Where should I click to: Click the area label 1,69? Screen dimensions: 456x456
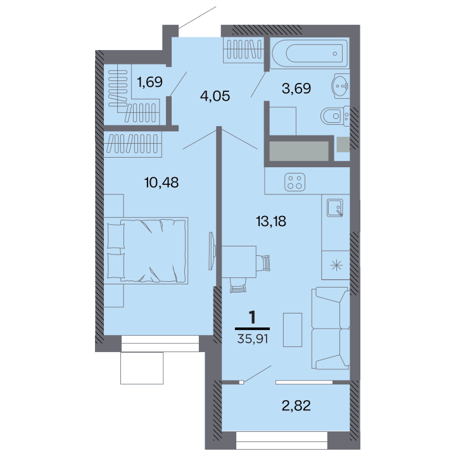click(149, 82)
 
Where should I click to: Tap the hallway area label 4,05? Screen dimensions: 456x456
click(215, 96)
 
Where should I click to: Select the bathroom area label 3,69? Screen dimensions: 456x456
click(296, 88)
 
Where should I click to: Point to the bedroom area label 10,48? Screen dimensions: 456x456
click(161, 182)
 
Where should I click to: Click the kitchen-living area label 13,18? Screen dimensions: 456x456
click(271, 221)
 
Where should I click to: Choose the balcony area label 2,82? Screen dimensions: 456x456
click(296, 405)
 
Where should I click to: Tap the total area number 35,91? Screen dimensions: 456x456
click(253, 339)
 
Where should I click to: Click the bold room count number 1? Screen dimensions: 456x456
click(253, 317)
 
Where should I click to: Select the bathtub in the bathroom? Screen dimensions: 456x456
click(310, 53)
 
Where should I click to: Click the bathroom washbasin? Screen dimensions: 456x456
click(340, 85)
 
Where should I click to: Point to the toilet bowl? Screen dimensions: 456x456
click(335, 117)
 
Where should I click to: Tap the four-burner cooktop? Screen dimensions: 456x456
click(295, 182)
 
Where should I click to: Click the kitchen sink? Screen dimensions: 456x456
click(335, 208)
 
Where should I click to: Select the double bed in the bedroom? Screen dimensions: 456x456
click(146, 250)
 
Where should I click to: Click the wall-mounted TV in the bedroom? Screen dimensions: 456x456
click(212, 251)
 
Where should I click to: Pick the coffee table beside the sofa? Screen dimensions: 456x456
click(293, 330)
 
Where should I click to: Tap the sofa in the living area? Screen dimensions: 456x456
click(331, 328)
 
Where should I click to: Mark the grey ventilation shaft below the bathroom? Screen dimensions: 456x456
click(299, 151)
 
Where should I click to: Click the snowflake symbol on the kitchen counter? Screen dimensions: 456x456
click(336, 265)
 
